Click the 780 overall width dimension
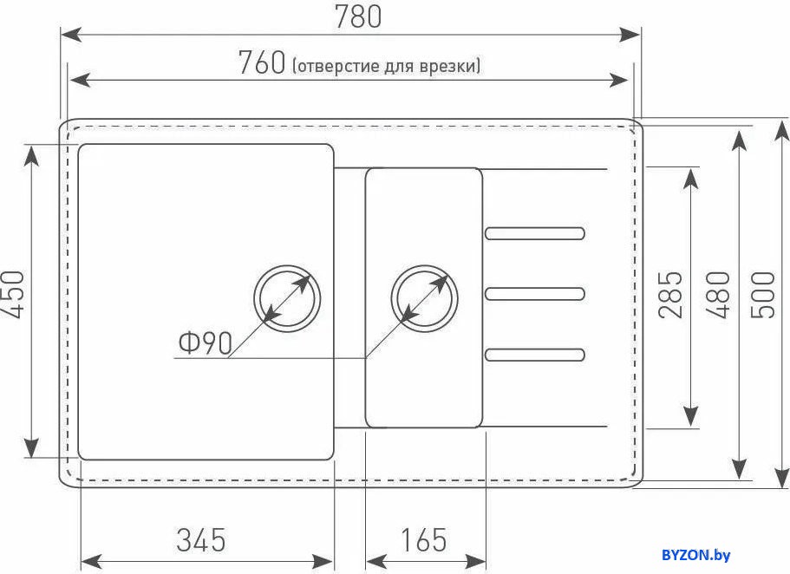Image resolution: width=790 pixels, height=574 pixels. click(x=358, y=16)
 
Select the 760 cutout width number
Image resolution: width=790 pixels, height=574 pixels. click(x=262, y=62)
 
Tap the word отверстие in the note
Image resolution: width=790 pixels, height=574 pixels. click(x=336, y=66)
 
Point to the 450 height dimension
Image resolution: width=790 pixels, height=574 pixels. click(x=13, y=295)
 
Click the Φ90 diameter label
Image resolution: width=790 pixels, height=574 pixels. click(x=205, y=342)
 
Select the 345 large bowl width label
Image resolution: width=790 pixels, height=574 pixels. click(x=201, y=539)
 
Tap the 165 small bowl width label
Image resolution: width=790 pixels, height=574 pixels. click(x=424, y=539)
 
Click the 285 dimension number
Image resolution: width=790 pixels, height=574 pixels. click(x=670, y=295)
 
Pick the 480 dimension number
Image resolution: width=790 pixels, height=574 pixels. click(x=717, y=295)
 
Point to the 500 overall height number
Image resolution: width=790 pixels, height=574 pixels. click(x=762, y=295)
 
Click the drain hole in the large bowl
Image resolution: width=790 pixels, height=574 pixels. click(x=288, y=298)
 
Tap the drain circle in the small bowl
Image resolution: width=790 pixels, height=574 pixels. click(x=425, y=298)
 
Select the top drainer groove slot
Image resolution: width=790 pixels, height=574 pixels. click(x=534, y=233)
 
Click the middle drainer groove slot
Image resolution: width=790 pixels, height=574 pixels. click(x=534, y=294)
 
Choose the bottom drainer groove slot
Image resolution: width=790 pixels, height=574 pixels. click(x=534, y=355)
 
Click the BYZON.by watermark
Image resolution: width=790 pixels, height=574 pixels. click(x=695, y=555)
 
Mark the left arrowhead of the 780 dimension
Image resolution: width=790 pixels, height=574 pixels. click(x=70, y=35)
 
